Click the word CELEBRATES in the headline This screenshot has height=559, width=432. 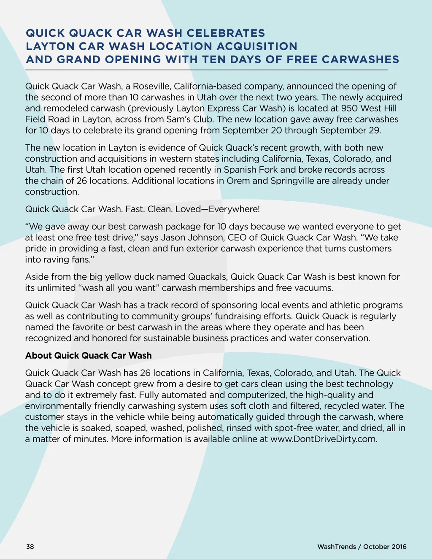coord(226,33)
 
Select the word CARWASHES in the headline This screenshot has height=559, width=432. coord(360,59)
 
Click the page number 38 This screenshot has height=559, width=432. coord(30,547)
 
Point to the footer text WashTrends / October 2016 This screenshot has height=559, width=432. coord(362,547)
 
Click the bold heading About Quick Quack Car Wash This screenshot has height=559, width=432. coord(88,356)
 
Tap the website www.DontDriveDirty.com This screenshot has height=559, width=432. coord(323,439)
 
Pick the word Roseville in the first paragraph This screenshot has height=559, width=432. coord(151,86)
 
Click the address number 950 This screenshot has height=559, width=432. coord(349,108)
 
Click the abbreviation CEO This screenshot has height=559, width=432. coord(237,238)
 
